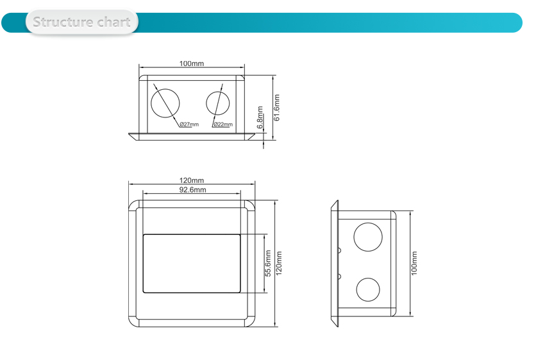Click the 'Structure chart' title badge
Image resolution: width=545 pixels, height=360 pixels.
pos(81,22)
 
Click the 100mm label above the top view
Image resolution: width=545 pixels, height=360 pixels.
pos(192,64)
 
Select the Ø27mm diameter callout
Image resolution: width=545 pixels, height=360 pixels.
pos(189,124)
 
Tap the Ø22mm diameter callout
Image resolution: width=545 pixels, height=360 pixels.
pos(222,124)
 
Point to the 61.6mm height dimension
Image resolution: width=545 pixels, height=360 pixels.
pos(277,107)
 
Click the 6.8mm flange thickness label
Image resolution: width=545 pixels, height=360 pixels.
pos(260,117)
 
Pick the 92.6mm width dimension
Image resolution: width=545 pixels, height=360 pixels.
pos(192,190)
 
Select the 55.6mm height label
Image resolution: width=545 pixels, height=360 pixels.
pos(268,263)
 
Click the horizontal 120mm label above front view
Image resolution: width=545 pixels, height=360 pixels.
pos(192,180)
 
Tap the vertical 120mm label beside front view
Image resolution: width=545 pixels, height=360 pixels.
pos(279,263)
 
